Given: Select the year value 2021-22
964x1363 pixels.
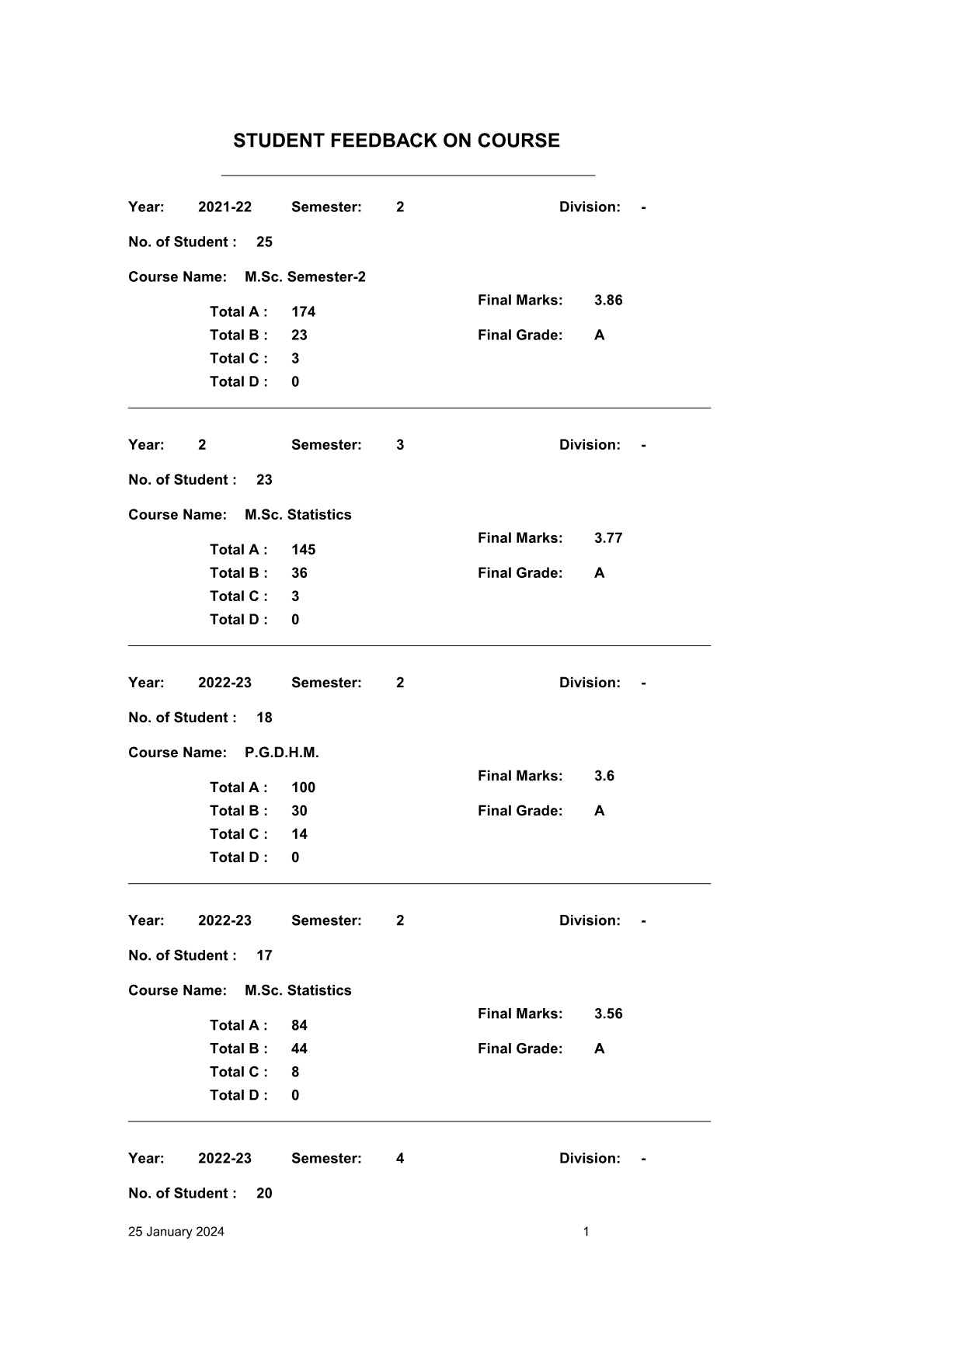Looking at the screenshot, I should click(224, 207).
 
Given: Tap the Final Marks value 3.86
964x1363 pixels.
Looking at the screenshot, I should click(608, 300).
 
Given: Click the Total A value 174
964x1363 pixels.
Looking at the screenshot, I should click(303, 311).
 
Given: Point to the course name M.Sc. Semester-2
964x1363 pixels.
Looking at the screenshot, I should click(305, 276).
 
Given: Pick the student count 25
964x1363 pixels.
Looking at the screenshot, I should click(264, 242).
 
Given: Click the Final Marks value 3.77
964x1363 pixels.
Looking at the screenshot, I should click(608, 537).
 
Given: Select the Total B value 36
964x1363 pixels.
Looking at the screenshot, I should click(299, 572).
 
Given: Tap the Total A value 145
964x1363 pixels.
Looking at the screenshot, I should click(303, 549).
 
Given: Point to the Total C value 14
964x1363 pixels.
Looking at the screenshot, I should click(299, 834).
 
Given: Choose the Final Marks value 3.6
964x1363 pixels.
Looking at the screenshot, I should click(604, 776).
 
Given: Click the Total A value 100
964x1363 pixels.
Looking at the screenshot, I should click(303, 788).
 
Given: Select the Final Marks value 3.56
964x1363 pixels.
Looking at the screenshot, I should click(608, 1014).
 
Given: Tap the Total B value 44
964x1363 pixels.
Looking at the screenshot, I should click(299, 1048).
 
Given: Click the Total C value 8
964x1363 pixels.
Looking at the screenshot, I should click(295, 1072).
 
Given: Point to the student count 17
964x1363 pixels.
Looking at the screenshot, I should click(264, 955).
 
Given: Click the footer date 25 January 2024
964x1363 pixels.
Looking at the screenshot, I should click(176, 1232).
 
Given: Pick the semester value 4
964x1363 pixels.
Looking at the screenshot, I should click(400, 1159).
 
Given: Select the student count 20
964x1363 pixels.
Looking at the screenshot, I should click(264, 1194).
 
